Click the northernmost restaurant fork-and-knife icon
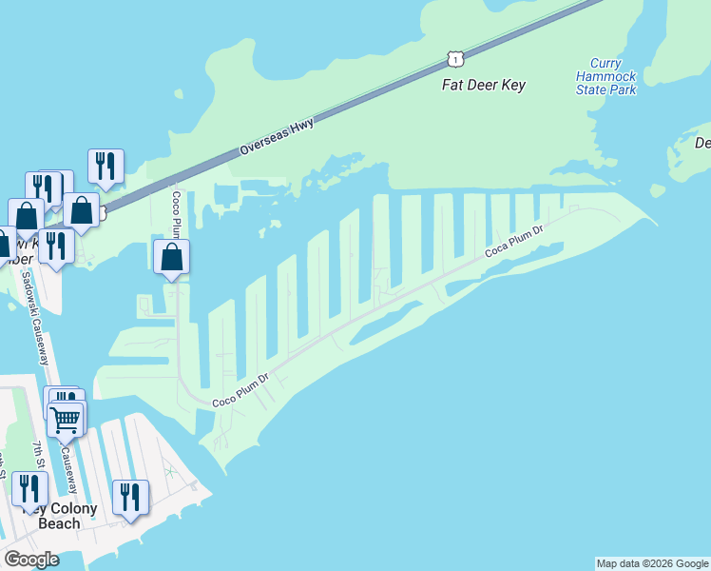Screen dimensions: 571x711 click(106, 166)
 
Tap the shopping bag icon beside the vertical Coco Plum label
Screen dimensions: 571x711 click(171, 257)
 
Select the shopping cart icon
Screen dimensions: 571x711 click(66, 418)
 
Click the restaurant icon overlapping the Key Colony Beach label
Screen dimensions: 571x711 click(29, 489)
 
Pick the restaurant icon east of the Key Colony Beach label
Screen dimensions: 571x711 click(130, 497)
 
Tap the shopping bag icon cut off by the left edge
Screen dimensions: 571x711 click(3, 243)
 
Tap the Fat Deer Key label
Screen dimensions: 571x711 click(484, 85)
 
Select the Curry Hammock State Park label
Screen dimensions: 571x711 click(605, 83)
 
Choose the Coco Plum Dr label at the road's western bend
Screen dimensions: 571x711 click(241, 389)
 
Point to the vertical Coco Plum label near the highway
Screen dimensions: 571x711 click(177, 214)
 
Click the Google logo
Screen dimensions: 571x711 click(31, 559)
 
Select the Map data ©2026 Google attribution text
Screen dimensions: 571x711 click(652, 563)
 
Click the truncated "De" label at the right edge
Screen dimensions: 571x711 click(702, 143)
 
